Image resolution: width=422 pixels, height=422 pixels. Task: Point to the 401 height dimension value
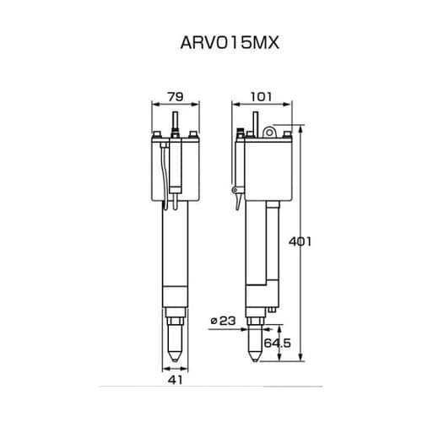(300, 242)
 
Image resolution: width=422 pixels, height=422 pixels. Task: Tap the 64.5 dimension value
(277, 344)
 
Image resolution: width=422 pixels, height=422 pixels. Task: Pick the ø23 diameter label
(223, 320)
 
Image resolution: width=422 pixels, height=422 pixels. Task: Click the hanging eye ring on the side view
(269, 130)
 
